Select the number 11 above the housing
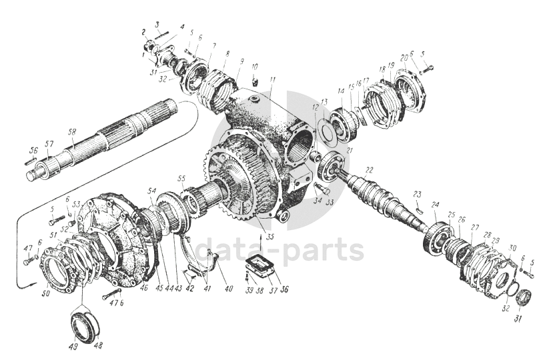click(272, 80)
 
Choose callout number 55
click(181, 179)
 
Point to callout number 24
click(435, 205)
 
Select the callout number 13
click(324, 101)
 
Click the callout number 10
click(254, 67)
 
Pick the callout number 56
click(31, 150)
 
